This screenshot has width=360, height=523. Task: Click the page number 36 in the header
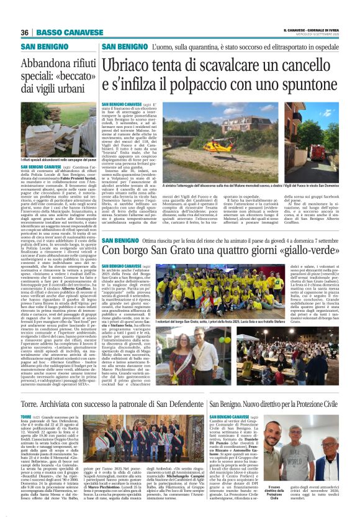(25, 32)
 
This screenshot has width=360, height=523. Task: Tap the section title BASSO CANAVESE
(60, 32)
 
